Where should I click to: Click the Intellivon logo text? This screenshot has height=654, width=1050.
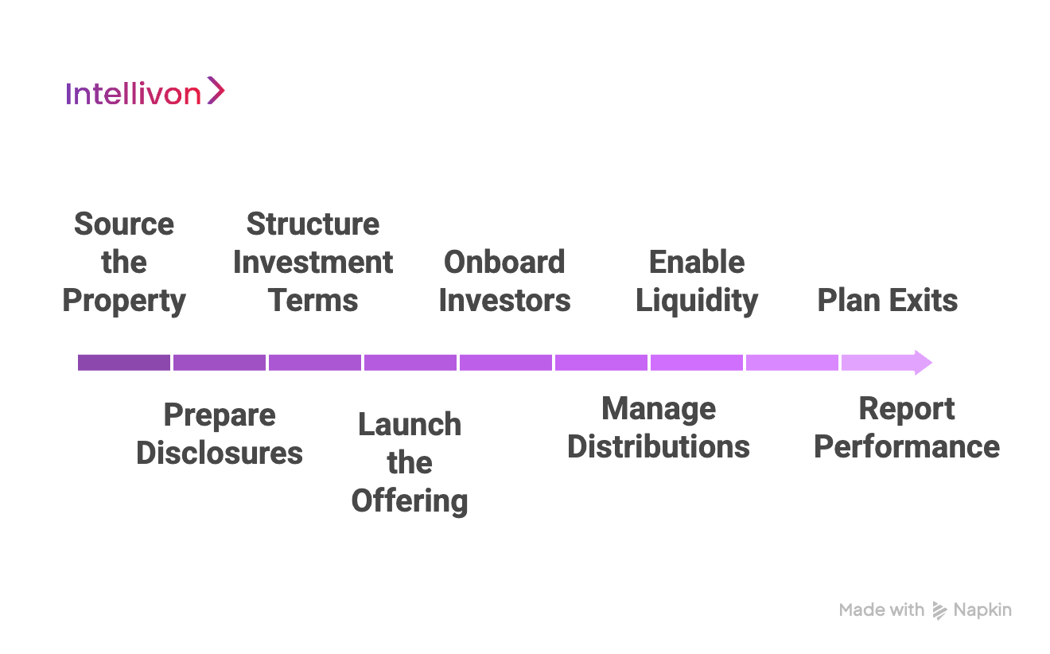pos(133,94)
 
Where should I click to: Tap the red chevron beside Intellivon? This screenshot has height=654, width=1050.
pos(216,91)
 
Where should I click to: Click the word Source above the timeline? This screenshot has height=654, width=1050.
pos(124,224)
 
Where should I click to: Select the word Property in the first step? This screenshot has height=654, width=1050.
pos(124,301)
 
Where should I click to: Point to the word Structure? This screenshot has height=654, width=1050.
pos(313,224)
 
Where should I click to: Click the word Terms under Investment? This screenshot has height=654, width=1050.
pos(313,301)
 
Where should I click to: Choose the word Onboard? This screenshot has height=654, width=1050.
pos(504,263)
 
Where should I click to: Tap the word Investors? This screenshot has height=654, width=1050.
pos(504,301)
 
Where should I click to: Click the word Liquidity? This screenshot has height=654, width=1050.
pos(697,301)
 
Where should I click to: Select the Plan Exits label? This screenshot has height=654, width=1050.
pos(888,301)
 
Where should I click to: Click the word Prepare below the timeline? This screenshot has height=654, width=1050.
pos(220,415)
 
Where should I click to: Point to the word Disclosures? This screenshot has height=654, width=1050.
pos(220,454)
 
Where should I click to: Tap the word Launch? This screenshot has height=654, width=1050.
pos(410,425)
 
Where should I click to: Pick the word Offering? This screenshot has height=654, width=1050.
pos(410,501)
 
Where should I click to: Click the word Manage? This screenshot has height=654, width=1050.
pos(659,409)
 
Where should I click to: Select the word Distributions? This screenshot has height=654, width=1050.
pos(659,447)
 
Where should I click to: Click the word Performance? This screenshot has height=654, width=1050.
pos(907,447)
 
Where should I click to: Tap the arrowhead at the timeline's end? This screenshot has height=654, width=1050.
pos(923,363)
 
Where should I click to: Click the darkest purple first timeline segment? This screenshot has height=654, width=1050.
pos(124,363)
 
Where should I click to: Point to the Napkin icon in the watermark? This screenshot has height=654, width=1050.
pos(939,610)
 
